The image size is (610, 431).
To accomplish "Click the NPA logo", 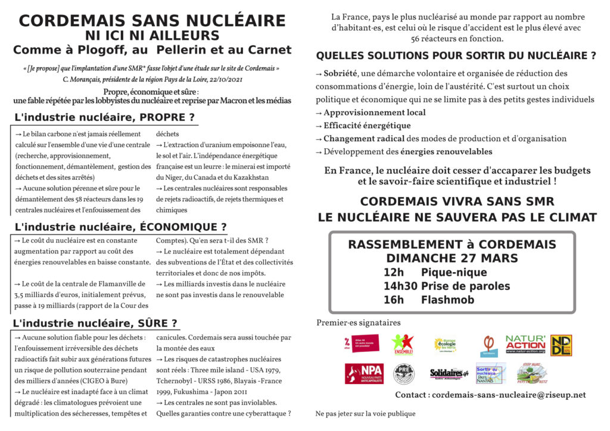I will (x=363, y=373).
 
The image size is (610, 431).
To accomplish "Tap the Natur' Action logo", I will (x=525, y=345).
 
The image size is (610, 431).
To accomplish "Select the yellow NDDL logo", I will (x=561, y=345).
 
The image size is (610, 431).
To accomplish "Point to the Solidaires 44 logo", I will (x=449, y=373).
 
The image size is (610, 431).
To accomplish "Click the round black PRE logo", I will (x=403, y=373).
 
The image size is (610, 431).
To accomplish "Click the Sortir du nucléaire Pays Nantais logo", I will (x=490, y=373).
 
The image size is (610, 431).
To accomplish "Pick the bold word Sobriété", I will (x=341, y=73).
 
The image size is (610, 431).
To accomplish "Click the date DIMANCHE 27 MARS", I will (x=452, y=258).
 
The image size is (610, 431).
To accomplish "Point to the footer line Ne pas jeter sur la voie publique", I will (x=365, y=414).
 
